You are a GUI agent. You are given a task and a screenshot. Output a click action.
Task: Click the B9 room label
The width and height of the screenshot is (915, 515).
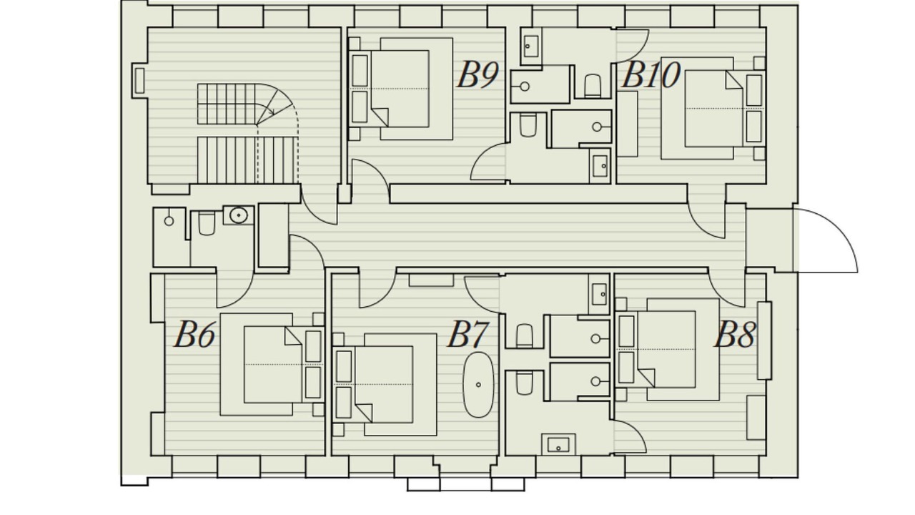478,74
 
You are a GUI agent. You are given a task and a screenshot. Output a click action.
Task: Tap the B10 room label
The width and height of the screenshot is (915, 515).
651,75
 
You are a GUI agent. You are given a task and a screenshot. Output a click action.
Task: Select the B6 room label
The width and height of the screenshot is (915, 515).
194,334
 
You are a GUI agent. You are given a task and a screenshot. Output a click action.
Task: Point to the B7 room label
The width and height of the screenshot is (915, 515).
468,334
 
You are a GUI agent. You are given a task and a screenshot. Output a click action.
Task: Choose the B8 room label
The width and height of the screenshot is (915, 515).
734,334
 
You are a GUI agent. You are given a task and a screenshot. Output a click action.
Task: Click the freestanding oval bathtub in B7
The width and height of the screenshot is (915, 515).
478,385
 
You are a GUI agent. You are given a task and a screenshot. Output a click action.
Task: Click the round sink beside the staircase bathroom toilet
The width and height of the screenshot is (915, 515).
238,215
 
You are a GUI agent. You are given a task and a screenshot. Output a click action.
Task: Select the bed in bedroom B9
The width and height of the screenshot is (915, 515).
400,89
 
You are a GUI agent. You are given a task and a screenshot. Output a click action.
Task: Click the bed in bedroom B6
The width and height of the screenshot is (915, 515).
272,364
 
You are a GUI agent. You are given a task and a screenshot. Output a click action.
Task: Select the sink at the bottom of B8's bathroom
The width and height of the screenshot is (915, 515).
558,445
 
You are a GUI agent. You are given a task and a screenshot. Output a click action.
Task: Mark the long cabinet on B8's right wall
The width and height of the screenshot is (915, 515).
764,340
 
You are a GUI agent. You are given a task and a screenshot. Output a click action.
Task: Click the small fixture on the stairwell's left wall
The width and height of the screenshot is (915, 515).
139,81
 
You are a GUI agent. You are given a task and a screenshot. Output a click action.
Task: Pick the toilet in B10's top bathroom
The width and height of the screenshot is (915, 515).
592,85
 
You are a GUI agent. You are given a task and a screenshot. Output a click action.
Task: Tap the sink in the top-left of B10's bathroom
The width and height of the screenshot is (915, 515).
531,46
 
